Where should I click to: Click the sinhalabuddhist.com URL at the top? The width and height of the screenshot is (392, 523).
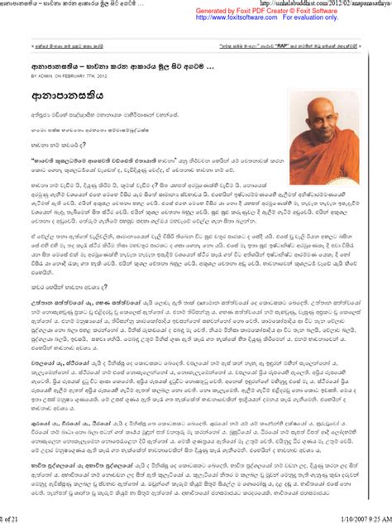[x=331, y=4]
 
